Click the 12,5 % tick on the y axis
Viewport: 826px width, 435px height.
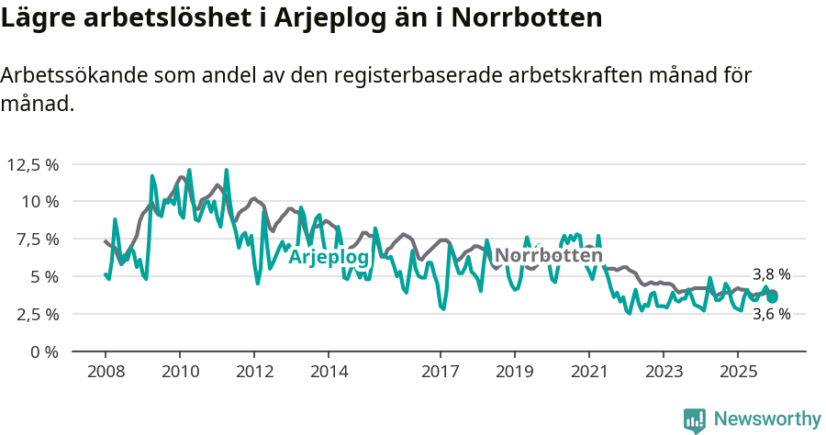33,164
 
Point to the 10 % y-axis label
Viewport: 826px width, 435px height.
39,201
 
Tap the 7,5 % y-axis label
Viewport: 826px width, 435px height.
38,239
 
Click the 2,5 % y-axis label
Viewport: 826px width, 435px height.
38,314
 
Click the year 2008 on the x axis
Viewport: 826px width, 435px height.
105,373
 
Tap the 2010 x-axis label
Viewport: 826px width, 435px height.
179,373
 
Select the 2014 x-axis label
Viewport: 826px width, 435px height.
329,373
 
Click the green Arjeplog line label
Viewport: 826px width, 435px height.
329,258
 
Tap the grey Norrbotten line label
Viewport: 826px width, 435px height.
549,256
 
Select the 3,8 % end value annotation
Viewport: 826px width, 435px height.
771,274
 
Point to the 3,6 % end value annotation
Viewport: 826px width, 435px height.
771,314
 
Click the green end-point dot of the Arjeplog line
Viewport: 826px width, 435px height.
773,297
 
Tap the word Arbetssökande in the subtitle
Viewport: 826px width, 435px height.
74,75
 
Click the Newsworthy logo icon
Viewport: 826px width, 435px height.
695,419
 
